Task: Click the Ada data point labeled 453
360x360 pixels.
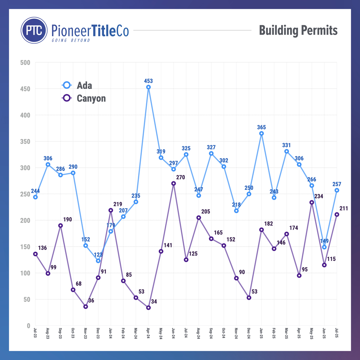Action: (148, 87)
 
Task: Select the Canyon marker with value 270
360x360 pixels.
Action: (174, 184)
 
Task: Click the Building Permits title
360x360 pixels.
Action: (298, 30)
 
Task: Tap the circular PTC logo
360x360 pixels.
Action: (34, 31)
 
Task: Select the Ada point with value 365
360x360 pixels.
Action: (261, 134)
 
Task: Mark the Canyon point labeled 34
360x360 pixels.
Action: (148, 308)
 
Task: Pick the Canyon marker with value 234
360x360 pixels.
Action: (312, 202)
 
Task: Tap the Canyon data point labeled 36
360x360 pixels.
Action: (86, 307)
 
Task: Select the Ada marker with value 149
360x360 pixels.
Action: (324, 247)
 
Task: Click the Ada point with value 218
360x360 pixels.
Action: (237, 211)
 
